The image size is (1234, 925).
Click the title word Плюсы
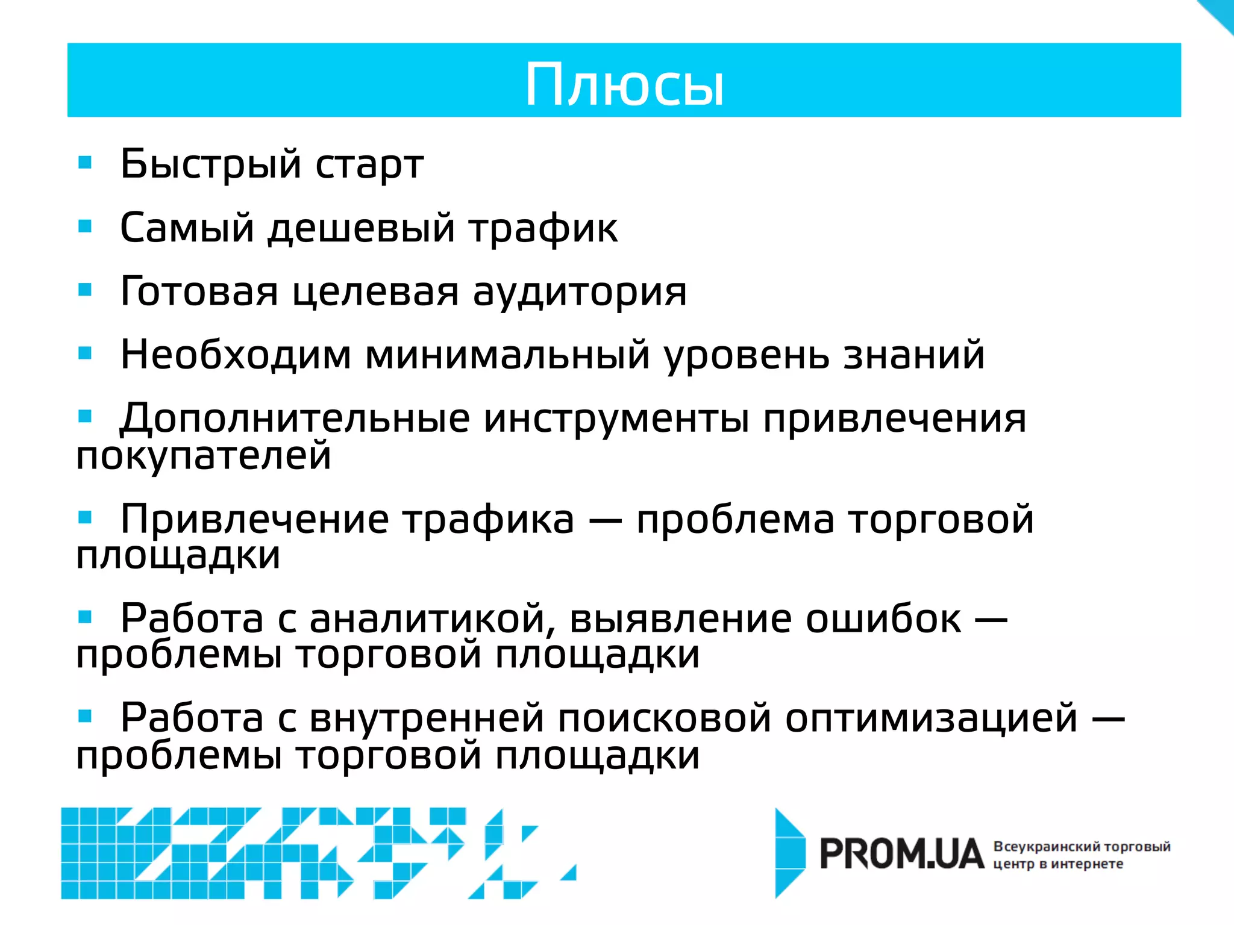click(x=624, y=86)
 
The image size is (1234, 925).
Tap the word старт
click(x=369, y=165)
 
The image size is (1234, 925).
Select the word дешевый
click(x=361, y=229)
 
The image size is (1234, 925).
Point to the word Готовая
click(x=199, y=291)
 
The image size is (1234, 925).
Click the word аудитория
click(x=579, y=293)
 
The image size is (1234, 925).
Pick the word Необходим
click(x=236, y=355)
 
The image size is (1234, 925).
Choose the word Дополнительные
click(x=294, y=419)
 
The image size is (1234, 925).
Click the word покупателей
click(x=204, y=456)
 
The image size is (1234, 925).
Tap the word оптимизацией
click(x=931, y=719)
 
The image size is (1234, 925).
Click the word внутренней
click(x=427, y=719)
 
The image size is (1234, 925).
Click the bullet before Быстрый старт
click(x=85, y=163)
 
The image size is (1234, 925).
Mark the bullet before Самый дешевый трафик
click(x=85, y=226)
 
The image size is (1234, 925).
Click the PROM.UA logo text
click(x=901, y=855)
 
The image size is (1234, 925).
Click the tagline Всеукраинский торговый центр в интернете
click(x=1081, y=855)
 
